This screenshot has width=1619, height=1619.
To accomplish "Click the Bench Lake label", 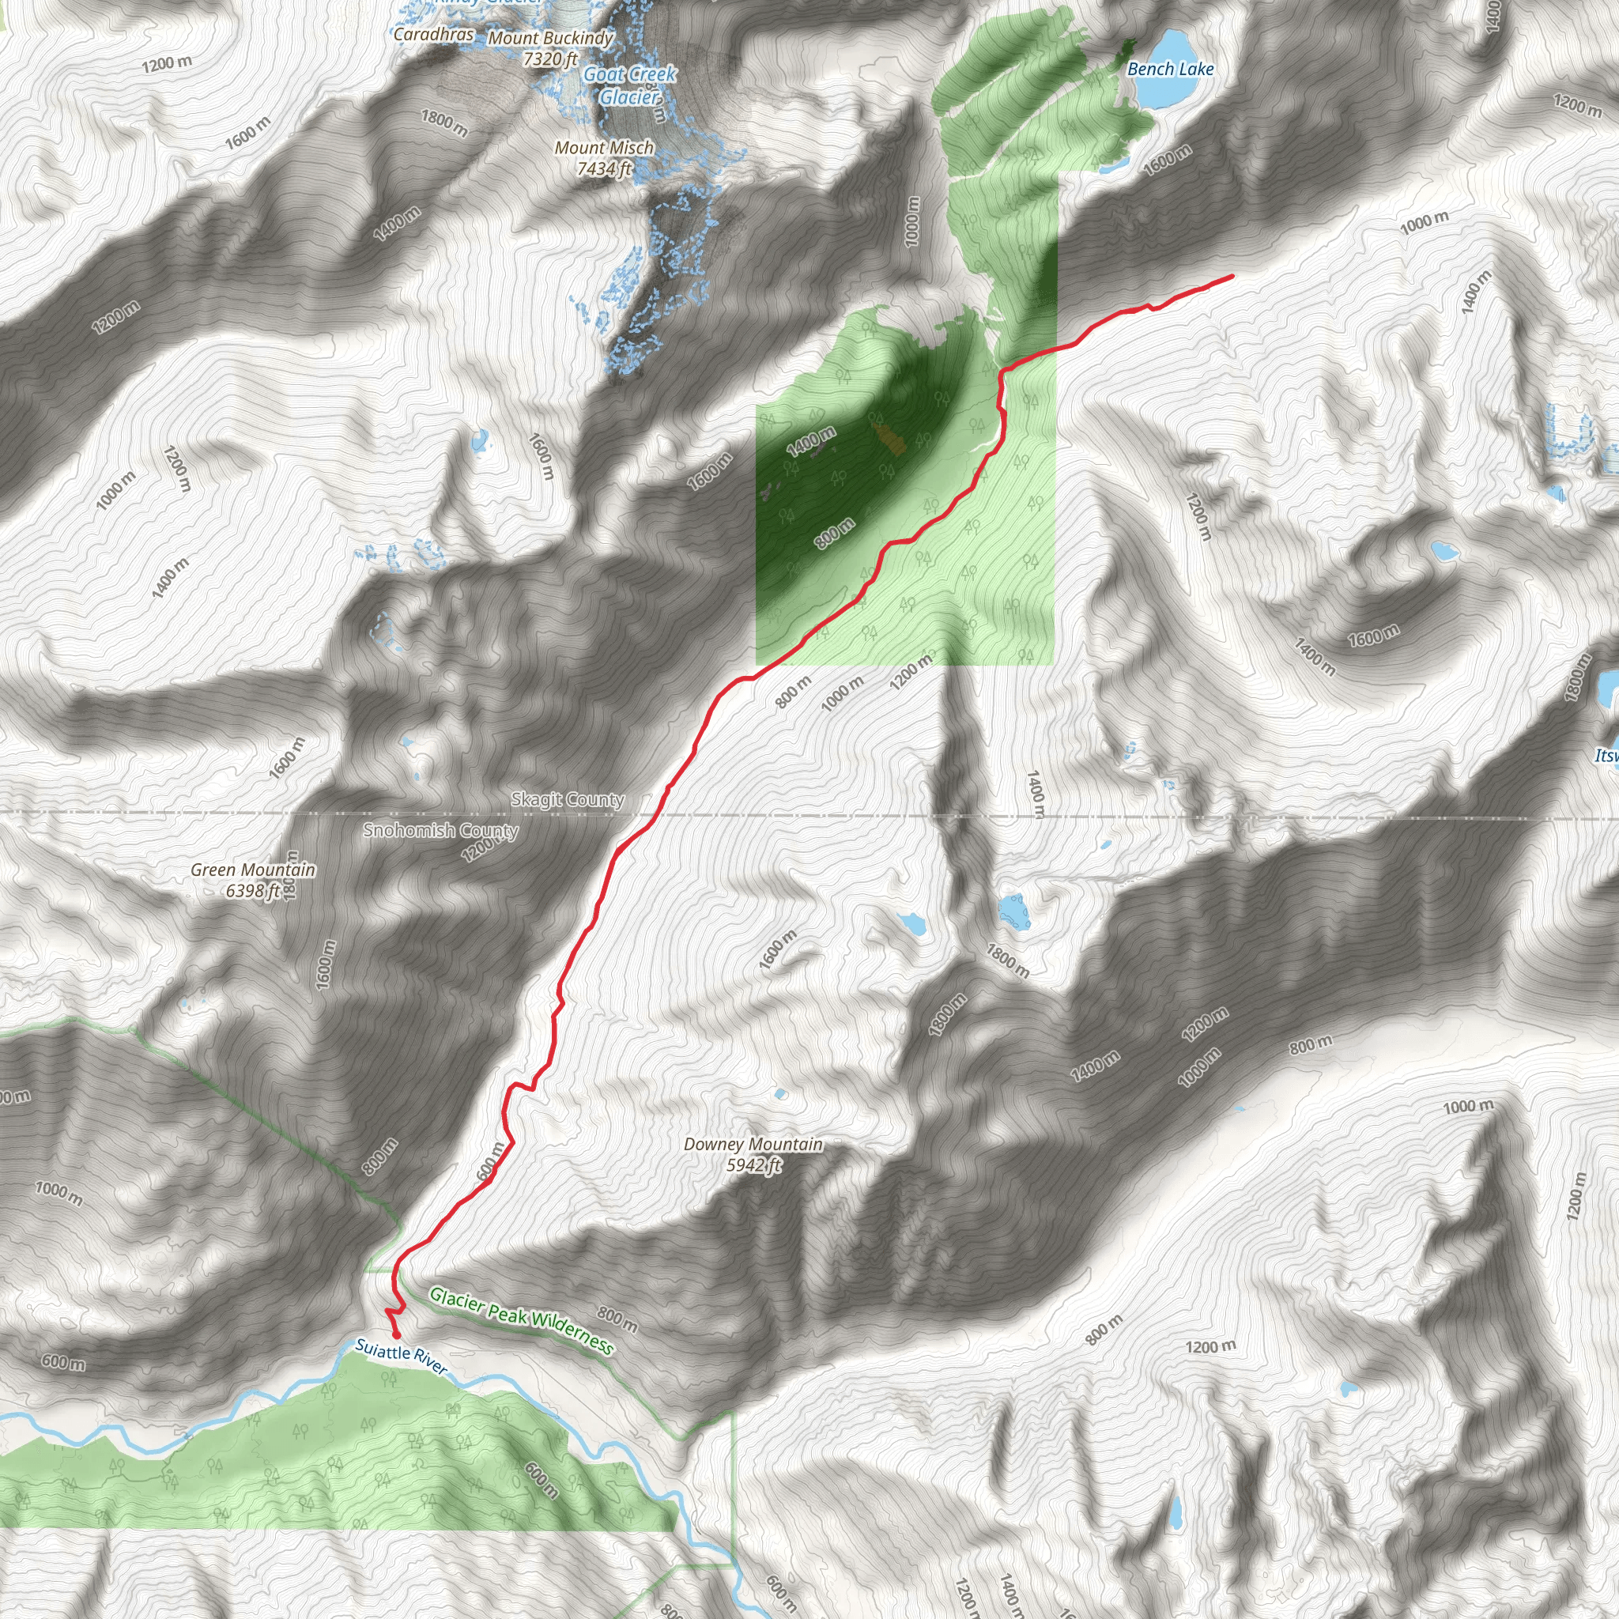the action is (x=1170, y=70).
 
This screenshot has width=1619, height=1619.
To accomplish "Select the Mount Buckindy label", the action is (x=550, y=38).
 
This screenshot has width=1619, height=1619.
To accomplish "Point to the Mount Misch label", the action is (x=604, y=148).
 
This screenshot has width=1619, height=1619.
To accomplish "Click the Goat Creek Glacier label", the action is (x=629, y=85).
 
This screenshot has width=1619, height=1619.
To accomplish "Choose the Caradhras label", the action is (x=433, y=34).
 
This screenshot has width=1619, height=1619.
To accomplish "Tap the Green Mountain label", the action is (x=253, y=870).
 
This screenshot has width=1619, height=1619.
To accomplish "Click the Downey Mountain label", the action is (x=753, y=1145).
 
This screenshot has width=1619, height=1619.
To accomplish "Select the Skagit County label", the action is (x=568, y=799).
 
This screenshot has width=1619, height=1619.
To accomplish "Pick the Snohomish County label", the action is (x=441, y=831).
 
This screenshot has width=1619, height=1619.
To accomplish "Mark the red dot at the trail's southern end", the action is (x=396, y=1335).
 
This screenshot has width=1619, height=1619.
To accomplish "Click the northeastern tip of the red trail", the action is (x=1232, y=276).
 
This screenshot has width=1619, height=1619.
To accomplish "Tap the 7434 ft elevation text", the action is (x=604, y=168).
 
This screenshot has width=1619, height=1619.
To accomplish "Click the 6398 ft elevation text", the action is (x=252, y=891).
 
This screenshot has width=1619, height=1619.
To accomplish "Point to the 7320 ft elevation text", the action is (x=550, y=58).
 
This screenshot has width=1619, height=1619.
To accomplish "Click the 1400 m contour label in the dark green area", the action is (x=810, y=441).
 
